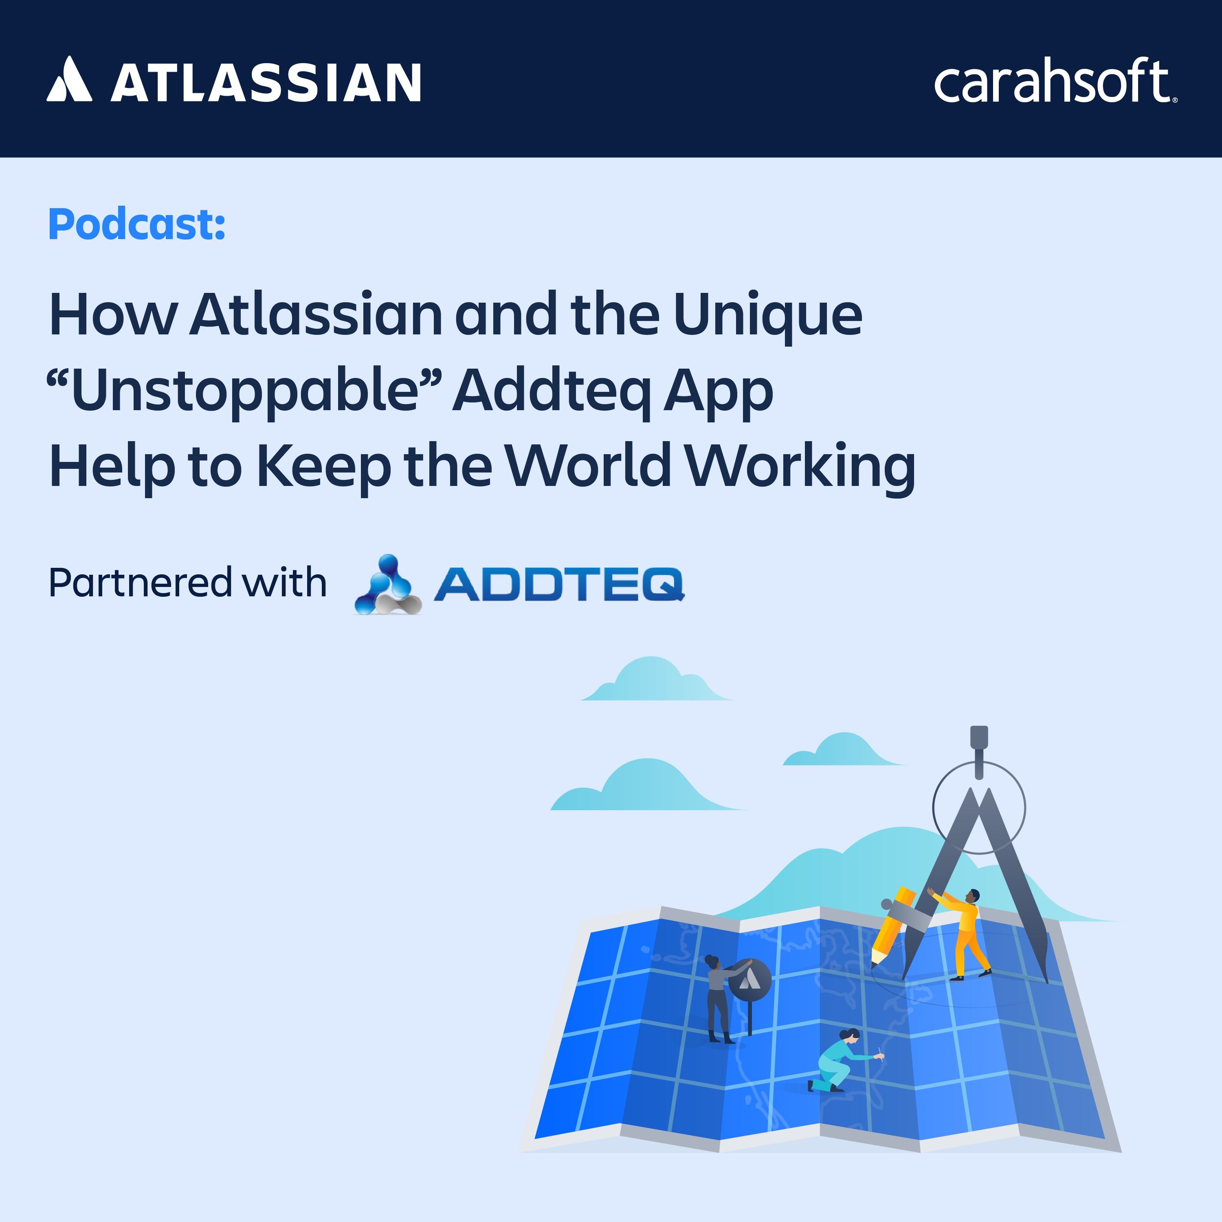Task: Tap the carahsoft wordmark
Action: click(1055, 81)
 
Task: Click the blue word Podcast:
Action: click(136, 224)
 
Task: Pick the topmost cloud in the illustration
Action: click(657, 679)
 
